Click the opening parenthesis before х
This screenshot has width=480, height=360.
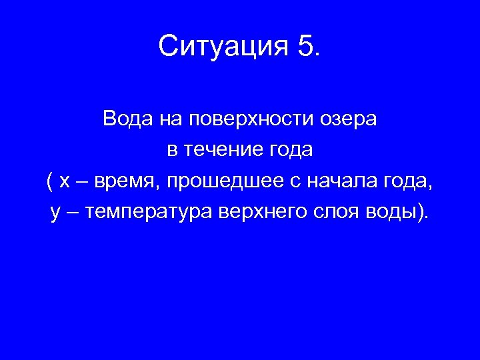[50, 181]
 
